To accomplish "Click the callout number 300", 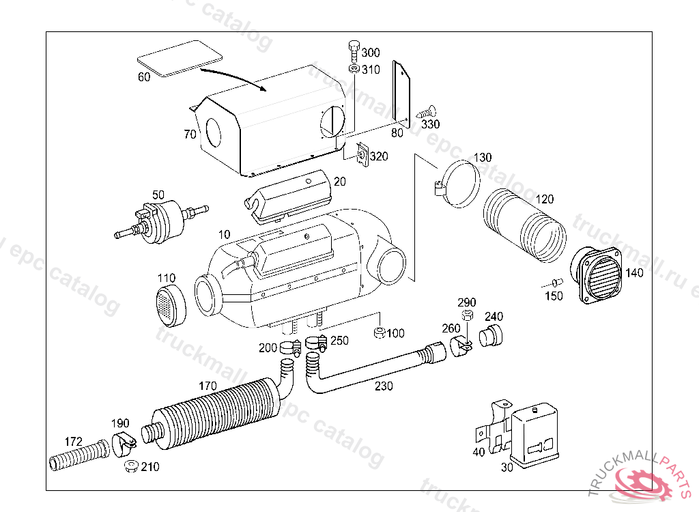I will (x=371, y=53).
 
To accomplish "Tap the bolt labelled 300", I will (x=353, y=49).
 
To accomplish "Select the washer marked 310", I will (x=353, y=69).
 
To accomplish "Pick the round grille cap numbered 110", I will (x=171, y=305).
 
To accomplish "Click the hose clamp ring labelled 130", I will (x=459, y=182).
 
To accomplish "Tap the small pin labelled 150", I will (x=557, y=282).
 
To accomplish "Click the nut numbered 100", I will (x=379, y=333).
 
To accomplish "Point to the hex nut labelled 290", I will (x=468, y=316).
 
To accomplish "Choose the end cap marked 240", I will (x=491, y=336).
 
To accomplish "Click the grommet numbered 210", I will (x=130, y=467).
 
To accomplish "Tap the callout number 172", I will (x=74, y=440).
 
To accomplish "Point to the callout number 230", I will (x=384, y=386).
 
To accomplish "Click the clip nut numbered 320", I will (x=362, y=156).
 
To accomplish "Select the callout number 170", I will (x=208, y=386).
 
